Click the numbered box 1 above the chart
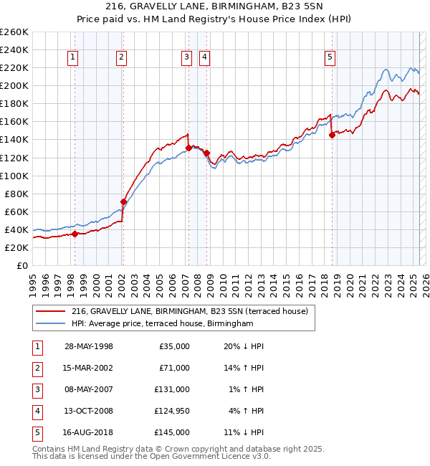74,58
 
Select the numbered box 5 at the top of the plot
330,58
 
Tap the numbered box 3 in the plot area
186,58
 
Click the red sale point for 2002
123,201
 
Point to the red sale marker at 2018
332,135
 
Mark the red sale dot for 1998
75,234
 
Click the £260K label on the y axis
14,32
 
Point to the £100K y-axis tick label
14,176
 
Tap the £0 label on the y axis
22,265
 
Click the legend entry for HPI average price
162,324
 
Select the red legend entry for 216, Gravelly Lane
189,311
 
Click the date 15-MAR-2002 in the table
89,368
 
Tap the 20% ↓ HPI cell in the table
244,346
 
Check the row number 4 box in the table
37,411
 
